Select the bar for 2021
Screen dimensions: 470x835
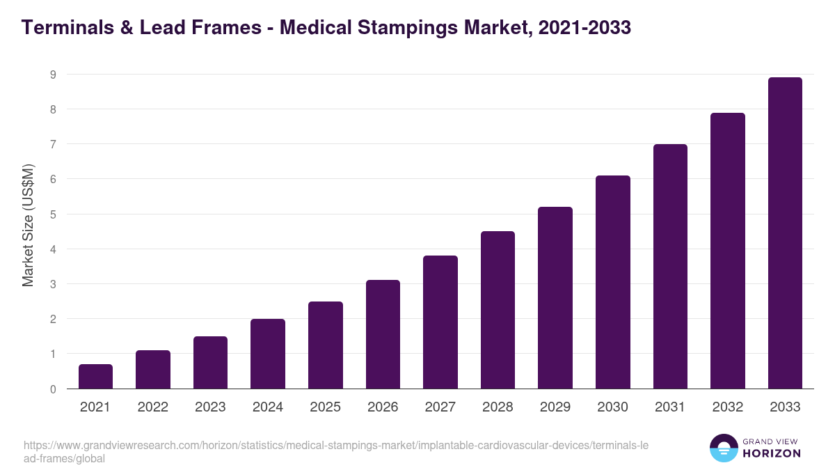click(x=95, y=377)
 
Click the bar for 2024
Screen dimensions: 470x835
click(x=268, y=354)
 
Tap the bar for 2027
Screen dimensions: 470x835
click(x=440, y=322)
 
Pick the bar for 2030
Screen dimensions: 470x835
click(x=613, y=282)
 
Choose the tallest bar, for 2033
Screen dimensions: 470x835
click(x=785, y=233)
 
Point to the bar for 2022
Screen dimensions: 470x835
click(x=153, y=370)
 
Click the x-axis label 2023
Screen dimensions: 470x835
click(x=210, y=407)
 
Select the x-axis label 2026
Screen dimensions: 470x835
click(x=383, y=407)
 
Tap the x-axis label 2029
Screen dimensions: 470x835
click(x=555, y=407)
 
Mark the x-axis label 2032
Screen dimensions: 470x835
click(x=728, y=407)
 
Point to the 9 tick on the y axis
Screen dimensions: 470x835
click(x=52, y=75)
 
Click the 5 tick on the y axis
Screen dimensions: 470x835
click(x=52, y=214)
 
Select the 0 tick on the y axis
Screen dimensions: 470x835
click(x=52, y=389)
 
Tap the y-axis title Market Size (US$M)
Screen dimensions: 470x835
click(x=28, y=225)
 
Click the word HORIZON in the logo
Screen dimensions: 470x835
click(x=772, y=453)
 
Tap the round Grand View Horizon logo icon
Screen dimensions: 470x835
click(x=723, y=448)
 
